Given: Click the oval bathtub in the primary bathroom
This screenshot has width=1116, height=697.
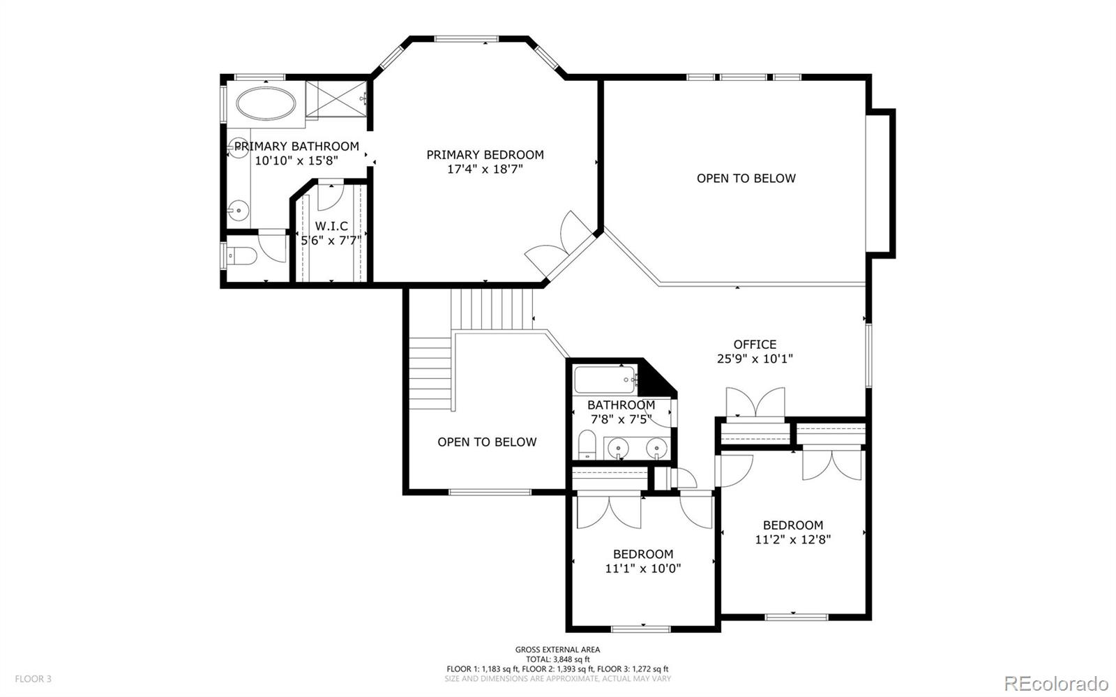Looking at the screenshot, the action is tap(266, 104).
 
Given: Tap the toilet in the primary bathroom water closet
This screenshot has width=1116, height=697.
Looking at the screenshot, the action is tap(241, 256).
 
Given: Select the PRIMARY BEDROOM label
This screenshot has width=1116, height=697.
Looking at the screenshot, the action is tap(485, 154).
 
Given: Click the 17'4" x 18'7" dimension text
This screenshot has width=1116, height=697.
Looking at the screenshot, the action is tap(485, 169).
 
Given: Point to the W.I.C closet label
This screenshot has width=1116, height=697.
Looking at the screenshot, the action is tap(331, 226).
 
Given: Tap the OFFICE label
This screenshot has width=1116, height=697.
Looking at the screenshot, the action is tap(755, 344).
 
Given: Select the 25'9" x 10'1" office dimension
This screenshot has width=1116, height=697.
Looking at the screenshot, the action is tap(755, 359).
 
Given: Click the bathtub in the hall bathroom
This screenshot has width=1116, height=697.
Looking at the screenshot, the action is tap(605, 380).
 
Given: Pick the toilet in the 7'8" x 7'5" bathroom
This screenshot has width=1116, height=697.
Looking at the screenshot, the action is tap(587, 445).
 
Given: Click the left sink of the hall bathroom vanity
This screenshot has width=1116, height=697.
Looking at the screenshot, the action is tap(618, 447).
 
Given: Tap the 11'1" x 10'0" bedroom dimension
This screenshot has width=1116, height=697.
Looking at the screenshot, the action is tap(642, 569).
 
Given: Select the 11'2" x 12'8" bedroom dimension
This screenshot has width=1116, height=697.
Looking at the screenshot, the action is tap(792, 539).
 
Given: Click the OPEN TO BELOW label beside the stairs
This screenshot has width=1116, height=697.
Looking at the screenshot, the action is tap(487, 442).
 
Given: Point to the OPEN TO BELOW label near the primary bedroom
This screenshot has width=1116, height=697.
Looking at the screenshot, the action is tap(746, 179).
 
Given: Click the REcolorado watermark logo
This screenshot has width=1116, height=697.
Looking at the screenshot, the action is tap(1056, 682).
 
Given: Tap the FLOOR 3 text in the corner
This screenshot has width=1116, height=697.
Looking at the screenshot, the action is tap(33, 679).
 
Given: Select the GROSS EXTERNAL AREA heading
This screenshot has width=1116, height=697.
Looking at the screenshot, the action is tap(557, 650).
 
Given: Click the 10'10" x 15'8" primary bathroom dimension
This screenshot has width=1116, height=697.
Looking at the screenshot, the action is tap(296, 160).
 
